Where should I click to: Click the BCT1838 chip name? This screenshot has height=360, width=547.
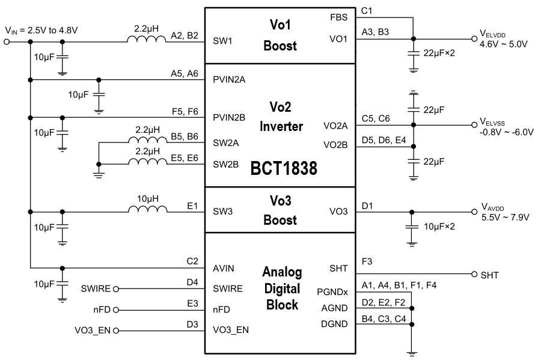[x=284, y=168]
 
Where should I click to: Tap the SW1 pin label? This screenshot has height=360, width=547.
[x=224, y=42]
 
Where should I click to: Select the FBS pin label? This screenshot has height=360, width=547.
[x=338, y=17]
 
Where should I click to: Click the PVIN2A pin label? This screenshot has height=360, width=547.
[x=229, y=79]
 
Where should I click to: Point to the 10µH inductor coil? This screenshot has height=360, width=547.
[x=147, y=210]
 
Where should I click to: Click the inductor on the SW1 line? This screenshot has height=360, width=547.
[x=147, y=41]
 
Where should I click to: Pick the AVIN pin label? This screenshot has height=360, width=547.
[x=224, y=268]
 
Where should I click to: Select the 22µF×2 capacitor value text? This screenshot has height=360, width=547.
[x=439, y=53]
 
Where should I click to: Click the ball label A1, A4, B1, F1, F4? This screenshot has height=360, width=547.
[x=399, y=284]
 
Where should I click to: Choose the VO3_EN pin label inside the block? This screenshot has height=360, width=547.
[x=231, y=330]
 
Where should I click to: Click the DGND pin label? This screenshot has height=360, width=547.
[x=334, y=325]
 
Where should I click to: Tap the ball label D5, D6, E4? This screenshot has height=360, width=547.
[x=384, y=139]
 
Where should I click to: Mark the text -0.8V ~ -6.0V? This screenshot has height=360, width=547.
[x=507, y=132]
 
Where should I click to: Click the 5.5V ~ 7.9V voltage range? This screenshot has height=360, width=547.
[x=505, y=218]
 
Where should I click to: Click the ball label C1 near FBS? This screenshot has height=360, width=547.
[x=367, y=11]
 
